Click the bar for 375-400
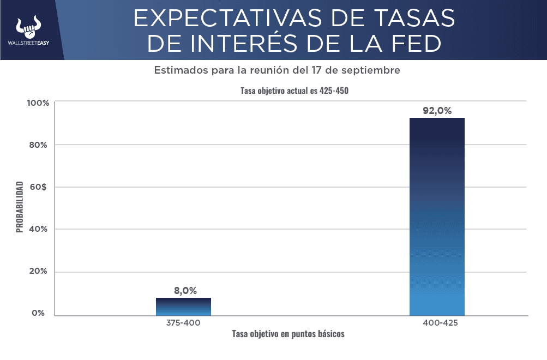point(183,307)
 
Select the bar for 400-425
point(437,217)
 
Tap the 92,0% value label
point(437,111)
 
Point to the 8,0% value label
point(185,291)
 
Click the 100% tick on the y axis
point(39,103)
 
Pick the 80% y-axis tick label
point(40,145)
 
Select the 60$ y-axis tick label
point(40,187)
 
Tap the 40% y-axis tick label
point(40,229)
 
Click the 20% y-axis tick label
point(40,272)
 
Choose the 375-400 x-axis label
point(183,323)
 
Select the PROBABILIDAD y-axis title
point(20,207)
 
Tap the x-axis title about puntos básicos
point(288,334)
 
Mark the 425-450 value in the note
point(333,91)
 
